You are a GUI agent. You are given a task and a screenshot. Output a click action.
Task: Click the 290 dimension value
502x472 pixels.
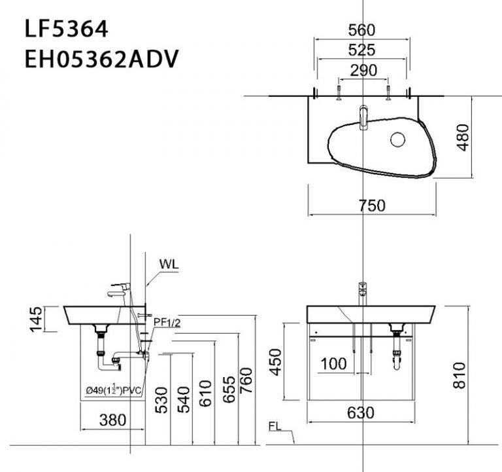[x=364, y=70]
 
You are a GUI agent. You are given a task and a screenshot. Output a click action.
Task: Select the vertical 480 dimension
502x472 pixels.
[x=463, y=137]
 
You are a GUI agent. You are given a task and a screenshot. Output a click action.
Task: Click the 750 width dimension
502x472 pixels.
[x=372, y=206]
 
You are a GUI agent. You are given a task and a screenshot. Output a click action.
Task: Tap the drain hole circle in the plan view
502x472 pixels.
[x=398, y=139]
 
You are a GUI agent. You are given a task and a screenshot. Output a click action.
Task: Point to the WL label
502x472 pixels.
[x=169, y=264]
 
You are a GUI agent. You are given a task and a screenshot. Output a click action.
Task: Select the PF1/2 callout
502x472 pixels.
[x=167, y=322]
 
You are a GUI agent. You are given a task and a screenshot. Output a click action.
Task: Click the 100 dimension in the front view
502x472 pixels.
[x=334, y=364]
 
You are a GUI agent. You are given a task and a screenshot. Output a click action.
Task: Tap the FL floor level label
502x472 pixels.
[x=276, y=426]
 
